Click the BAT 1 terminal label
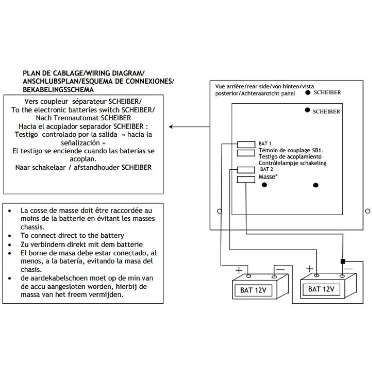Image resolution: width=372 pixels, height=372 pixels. point(265,144)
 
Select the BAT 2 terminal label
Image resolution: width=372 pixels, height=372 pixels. point(266,169)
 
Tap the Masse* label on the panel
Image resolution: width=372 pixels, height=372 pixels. point(268,177)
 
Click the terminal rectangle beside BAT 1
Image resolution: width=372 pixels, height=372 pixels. point(246,144)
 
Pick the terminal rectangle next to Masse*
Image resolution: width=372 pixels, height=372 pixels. point(246,179)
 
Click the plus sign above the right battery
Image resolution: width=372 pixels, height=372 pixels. point(310,268)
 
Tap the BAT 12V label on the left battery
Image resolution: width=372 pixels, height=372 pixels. point(253,290)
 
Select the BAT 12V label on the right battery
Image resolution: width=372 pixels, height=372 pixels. point(321,289)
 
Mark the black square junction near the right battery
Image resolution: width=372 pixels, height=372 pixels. point(343,261)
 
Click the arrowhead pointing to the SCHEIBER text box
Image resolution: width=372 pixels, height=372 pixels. point(171,127)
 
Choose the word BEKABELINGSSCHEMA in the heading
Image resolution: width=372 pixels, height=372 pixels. point(58,90)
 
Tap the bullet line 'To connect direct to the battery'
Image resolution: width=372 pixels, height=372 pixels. point(72,235)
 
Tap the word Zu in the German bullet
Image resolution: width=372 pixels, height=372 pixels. point(24,244)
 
